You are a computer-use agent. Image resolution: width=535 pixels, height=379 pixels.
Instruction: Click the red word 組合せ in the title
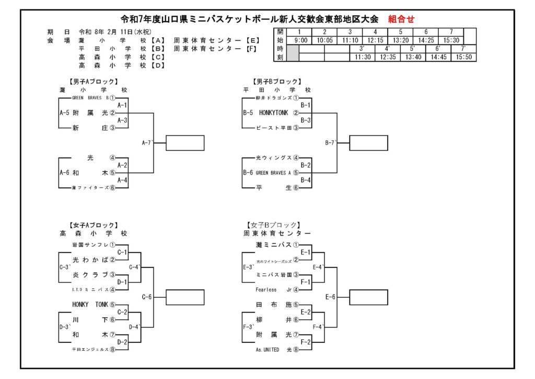[x=401, y=19]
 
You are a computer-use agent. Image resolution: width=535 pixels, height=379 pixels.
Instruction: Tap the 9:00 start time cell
[x=300, y=40]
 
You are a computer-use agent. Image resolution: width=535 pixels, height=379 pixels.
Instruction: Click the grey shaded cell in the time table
[x=293, y=53]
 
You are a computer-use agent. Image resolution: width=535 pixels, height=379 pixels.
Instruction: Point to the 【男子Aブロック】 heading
[x=93, y=82]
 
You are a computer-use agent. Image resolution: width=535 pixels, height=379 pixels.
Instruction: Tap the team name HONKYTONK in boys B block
[x=273, y=113]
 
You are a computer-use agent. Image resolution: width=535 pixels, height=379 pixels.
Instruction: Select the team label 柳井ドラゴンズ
[x=273, y=98]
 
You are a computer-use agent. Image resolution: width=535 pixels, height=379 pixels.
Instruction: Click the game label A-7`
[x=147, y=142]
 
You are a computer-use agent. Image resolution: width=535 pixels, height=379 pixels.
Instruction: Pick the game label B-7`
[x=331, y=142]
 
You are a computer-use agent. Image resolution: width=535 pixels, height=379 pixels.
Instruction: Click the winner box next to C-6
[x=185, y=297]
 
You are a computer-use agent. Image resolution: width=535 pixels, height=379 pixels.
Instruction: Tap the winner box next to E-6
[x=368, y=297]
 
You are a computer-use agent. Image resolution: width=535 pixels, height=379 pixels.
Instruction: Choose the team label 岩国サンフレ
[x=90, y=244]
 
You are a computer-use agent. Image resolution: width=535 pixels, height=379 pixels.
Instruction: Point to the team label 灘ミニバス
[x=273, y=244]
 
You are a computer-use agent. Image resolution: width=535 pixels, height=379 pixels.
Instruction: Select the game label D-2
[x=122, y=342]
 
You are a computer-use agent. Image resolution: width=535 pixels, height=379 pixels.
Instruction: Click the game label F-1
[x=306, y=282]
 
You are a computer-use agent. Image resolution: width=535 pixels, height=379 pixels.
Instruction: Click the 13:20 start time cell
[x=401, y=40]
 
